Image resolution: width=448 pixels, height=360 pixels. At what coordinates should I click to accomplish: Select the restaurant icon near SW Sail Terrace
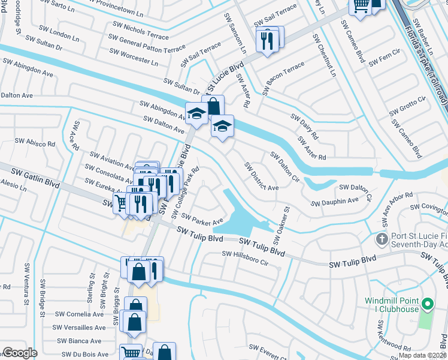click(x=267, y=40)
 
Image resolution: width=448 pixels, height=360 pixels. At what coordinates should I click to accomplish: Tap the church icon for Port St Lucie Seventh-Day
click(x=380, y=240)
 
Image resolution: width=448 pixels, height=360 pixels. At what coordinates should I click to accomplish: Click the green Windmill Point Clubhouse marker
click(x=427, y=304)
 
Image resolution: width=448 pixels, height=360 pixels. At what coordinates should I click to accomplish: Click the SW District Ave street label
click(x=261, y=176)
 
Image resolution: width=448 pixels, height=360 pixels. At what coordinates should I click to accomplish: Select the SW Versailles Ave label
click(x=78, y=328)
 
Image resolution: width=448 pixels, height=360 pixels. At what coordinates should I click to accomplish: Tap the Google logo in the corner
click(x=20, y=353)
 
